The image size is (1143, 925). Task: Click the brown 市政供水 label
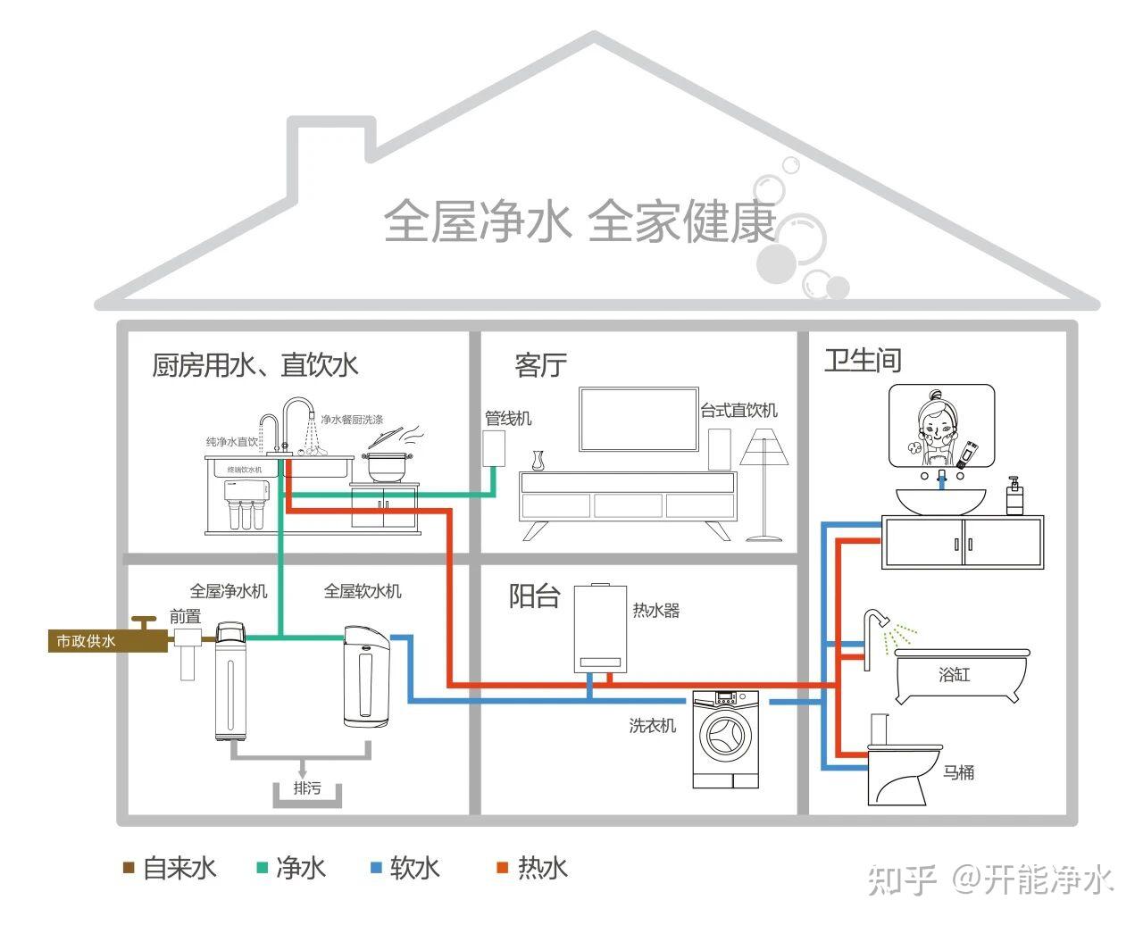point(86,641)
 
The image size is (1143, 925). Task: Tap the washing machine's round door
point(725,736)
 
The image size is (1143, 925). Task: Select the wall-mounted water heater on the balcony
point(600,629)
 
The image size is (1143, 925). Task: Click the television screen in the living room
point(638,420)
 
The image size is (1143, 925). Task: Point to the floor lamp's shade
point(764,451)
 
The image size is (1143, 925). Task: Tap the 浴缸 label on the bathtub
point(954,674)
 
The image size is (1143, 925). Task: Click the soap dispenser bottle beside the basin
point(1014,496)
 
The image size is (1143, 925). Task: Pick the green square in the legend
point(263,868)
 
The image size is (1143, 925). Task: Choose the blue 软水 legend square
point(376,868)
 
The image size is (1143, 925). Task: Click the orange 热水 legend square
point(502,868)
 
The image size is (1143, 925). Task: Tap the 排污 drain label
point(307,788)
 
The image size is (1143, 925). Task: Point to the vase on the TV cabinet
point(538,461)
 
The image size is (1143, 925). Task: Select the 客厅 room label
point(540,365)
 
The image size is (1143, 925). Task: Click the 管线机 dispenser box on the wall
point(494,448)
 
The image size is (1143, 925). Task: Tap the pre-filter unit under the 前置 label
point(187,654)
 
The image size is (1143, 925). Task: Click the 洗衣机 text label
point(653,726)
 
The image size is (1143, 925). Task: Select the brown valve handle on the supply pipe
point(144,623)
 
